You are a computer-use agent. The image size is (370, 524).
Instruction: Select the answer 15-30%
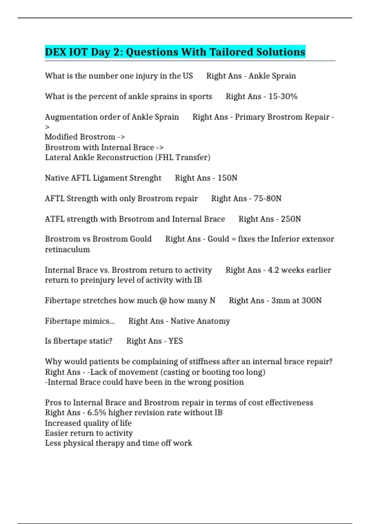coord(283,96)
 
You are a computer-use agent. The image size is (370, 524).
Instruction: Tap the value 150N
coord(227,178)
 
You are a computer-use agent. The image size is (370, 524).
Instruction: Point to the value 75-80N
coord(267,199)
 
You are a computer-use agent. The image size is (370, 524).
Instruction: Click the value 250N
coord(290,219)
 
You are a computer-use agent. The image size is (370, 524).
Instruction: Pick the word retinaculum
coord(67,249)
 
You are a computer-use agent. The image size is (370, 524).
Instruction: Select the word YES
coord(175,341)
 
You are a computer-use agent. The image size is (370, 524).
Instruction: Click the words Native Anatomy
coord(200,321)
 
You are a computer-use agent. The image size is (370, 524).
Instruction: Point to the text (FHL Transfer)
coord(183,158)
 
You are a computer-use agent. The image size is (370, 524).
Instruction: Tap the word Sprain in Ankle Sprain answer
coord(283,76)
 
